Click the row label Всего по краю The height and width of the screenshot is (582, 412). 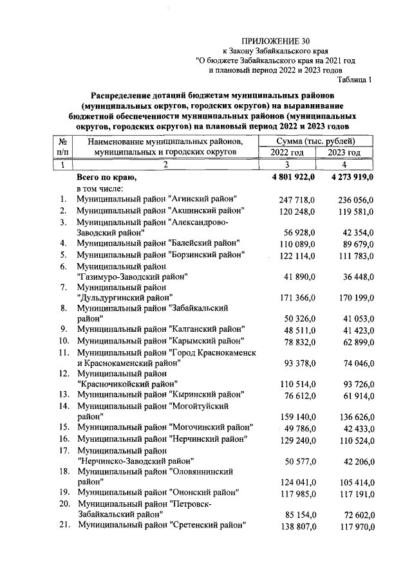coord(106,177)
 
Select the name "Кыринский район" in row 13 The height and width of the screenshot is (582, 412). coord(206,394)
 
